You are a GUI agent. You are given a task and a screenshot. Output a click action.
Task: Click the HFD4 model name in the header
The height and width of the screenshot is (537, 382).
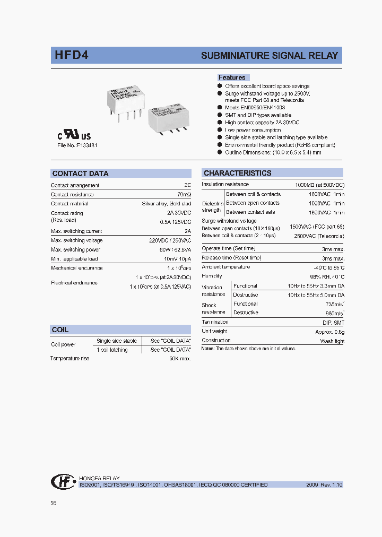[71, 55]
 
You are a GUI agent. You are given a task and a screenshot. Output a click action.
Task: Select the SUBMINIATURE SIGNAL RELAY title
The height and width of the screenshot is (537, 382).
[269, 56]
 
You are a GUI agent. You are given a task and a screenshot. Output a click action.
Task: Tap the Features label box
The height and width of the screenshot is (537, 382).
[232, 77]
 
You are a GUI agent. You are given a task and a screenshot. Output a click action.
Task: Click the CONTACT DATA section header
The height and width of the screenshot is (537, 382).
[80, 174]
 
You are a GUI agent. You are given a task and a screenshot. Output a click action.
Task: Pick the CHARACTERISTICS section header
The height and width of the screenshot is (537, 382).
[237, 173]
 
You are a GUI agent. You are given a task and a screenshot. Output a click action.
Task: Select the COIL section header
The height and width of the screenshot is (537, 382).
[60, 330]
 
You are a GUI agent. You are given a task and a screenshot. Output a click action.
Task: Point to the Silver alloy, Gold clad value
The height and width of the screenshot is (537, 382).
[167, 204]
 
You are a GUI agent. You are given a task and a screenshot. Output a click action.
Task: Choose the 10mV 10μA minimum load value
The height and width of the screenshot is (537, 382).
[177, 259]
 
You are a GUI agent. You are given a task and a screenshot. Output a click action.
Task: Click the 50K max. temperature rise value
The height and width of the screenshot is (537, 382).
[180, 359]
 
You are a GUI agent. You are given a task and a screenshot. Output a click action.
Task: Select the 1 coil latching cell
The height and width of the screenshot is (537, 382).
[112, 350]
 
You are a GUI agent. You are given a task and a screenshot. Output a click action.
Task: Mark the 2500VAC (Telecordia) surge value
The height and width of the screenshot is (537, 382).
[317, 236]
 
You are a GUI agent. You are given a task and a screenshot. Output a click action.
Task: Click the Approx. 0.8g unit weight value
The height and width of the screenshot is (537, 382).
[329, 331]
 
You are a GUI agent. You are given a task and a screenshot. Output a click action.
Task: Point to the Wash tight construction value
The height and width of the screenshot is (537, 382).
[332, 341]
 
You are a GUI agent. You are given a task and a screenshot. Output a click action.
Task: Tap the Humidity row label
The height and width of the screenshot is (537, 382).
[212, 276]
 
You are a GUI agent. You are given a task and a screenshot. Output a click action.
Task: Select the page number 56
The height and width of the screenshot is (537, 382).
[54, 503]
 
